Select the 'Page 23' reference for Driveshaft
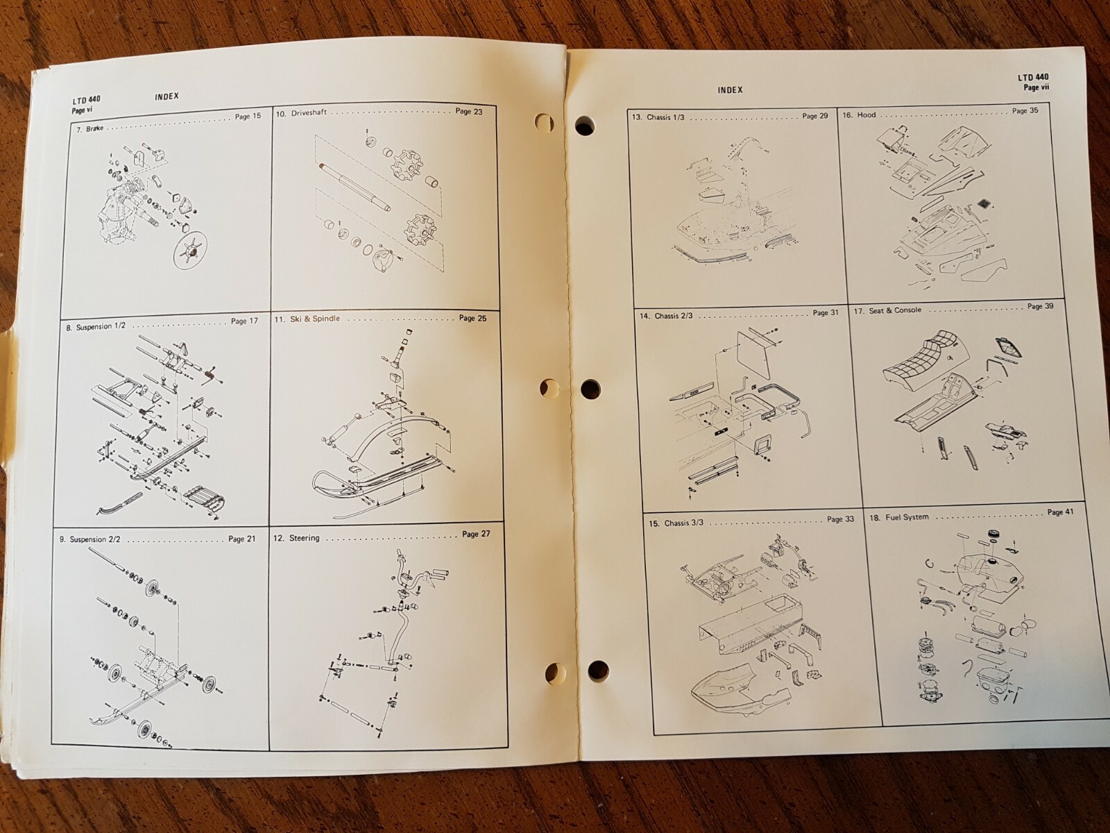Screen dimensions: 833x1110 [x=468, y=111]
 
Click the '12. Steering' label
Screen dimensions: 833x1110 [x=298, y=537]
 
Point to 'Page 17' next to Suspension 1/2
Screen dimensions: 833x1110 [x=244, y=321]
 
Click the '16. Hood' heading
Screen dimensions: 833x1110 [x=859, y=115]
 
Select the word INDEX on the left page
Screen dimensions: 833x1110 [x=166, y=96]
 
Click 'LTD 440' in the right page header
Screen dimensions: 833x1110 [x=1033, y=78]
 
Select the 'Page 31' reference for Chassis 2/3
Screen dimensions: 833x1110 [x=825, y=314]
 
